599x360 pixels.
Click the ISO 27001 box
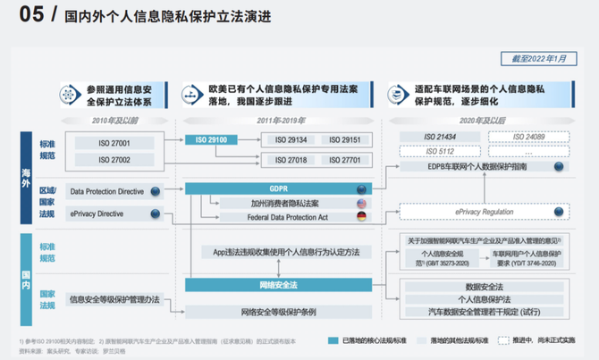pos(114,141)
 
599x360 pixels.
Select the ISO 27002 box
pos(114,160)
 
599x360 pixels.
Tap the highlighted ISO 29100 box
pos(212,140)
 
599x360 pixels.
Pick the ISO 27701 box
pos(345,160)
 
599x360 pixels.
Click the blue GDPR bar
pos(278,189)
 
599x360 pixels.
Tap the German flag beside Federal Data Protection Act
pos(361,216)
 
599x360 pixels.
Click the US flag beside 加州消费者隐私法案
pos(361,203)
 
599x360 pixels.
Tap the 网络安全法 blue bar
pos(278,283)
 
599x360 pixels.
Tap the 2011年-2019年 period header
pos(281,120)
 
